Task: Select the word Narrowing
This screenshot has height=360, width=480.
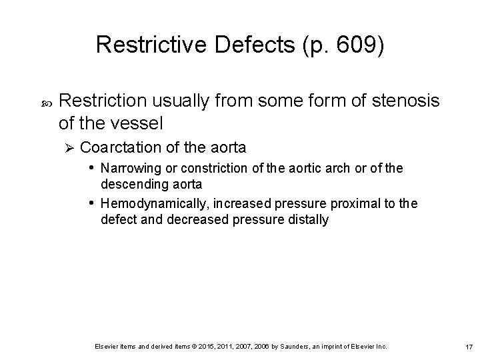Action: coord(129,169)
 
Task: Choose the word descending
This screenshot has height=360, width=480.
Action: coord(131,183)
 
